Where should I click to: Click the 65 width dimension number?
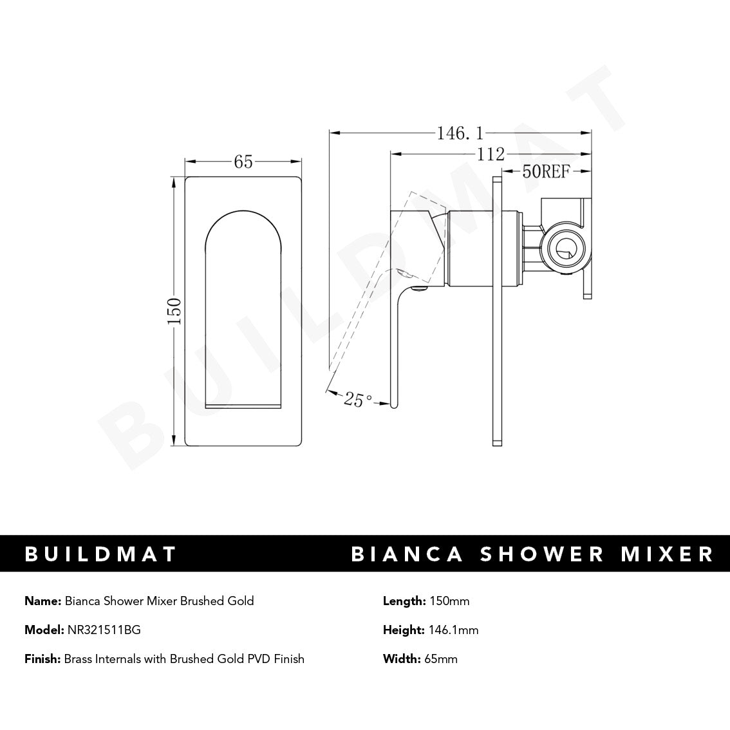[x=243, y=162]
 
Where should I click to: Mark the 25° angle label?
[x=357, y=399]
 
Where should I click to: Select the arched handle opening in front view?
[x=243, y=309]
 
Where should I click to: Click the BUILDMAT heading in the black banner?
[x=100, y=554]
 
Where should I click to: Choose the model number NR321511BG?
[x=104, y=630]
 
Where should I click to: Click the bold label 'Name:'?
[x=43, y=601]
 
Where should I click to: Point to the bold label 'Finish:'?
[x=43, y=659]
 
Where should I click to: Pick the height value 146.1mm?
[x=453, y=630]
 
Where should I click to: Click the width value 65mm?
[x=441, y=659]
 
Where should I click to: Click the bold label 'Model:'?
[x=44, y=630]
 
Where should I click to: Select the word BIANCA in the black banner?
[x=407, y=554]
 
